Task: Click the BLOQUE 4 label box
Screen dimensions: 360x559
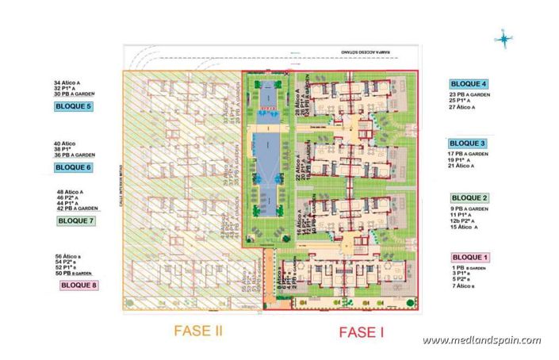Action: [x=469, y=84]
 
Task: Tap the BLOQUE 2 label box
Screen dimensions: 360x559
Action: [x=469, y=198]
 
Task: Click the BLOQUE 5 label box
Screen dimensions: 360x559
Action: [x=73, y=106]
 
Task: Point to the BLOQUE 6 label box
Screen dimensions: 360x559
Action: [x=74, y=167]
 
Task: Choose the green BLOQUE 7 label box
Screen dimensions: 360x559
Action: [x=75, y=221]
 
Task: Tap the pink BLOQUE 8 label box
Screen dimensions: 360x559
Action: [x=78, y=284]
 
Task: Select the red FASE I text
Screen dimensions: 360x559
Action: [x=361, y=333]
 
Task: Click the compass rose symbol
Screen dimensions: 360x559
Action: [x=504, y=38]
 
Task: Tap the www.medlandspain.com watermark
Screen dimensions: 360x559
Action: [x=481, y=340]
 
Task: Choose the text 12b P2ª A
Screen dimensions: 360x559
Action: [x=467, y=221]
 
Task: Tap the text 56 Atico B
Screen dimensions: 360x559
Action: [x=71, y=257]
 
